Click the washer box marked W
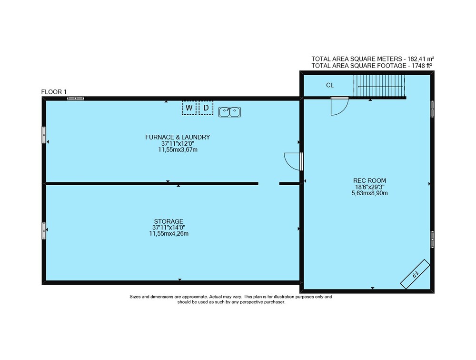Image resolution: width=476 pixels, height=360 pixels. pos(189,108)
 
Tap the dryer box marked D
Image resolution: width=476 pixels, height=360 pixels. pos(206,108)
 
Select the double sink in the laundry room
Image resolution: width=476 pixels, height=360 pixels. pos(229,112)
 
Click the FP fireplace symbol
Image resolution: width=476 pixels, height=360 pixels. pos(415,274)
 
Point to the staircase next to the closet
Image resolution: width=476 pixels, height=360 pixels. pos(379,86)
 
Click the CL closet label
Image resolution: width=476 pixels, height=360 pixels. pos(330,85)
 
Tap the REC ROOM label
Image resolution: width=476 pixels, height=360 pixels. pos(369,180)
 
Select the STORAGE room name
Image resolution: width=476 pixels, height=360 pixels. pos(169,221)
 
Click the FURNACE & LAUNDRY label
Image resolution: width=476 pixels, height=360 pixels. pos(178,137)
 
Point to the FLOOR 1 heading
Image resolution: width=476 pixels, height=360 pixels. pos(54,92)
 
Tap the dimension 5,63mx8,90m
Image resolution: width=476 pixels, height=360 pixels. pos(369,193)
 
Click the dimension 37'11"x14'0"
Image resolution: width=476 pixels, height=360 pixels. pos(169,228)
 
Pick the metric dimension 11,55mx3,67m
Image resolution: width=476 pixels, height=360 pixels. pos(178,150)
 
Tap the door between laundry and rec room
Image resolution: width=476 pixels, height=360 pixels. pos(293,161)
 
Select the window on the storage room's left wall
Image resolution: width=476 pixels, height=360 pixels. pos(44,231)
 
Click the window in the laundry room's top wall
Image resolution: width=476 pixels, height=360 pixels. pos(75,99)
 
